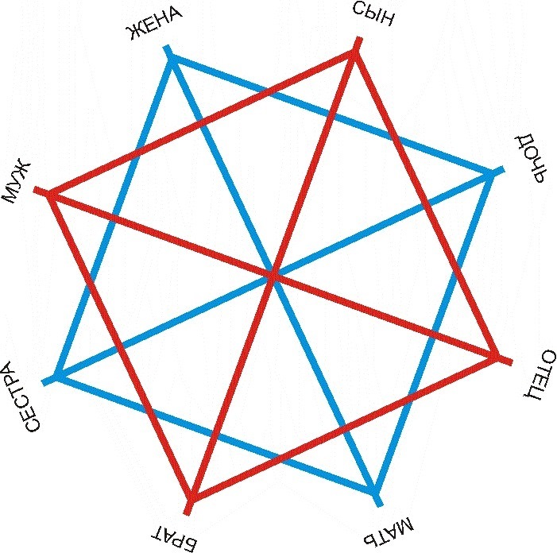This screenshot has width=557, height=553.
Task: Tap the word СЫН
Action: tap(373, 14)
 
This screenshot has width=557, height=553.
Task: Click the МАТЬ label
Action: tap(389, 532)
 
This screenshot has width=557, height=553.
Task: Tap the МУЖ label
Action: tap(17, 183)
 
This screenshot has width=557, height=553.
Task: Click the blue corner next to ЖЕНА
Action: tap(172, 60)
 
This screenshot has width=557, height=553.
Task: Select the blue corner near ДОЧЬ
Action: tap(490, 175)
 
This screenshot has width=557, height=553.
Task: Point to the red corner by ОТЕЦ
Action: tap(496, 356)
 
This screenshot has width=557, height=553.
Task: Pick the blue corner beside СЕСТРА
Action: tap(58, 376)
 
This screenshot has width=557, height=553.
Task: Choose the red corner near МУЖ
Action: tap(51, 194)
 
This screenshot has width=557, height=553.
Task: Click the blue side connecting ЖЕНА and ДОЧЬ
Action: tap(331, 118)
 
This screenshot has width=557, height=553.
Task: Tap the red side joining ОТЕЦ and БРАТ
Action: tap(344, 427)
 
